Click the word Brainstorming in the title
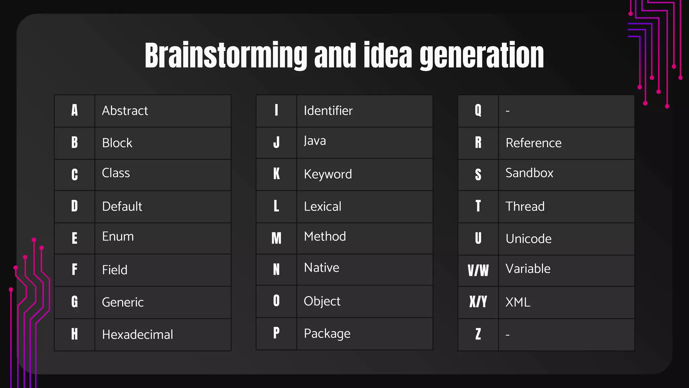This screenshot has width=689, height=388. [226, 56]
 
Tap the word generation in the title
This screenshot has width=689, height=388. [481, 56]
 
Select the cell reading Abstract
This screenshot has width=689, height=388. [125, 111]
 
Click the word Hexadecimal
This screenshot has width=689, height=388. [137, 335]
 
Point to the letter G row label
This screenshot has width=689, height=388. [74, 302]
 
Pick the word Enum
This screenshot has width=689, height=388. [118, 236]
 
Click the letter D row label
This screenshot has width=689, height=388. [74, 206]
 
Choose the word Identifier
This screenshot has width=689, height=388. [328, 111]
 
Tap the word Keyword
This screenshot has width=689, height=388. [328, 174]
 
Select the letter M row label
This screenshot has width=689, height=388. [276, 238]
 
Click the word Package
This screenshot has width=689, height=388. [327, 334]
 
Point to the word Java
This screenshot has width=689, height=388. [315, 141]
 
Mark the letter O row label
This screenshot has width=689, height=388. [276, 301]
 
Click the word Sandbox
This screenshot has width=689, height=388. [529, 173]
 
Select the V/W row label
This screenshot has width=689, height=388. [478, 270]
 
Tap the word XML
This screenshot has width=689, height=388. [518, 302]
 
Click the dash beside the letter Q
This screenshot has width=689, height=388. [508, 111]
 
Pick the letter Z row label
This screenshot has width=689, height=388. [478, 334]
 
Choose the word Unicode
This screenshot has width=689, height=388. [529, 239]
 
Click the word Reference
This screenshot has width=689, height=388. [534, 143]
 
